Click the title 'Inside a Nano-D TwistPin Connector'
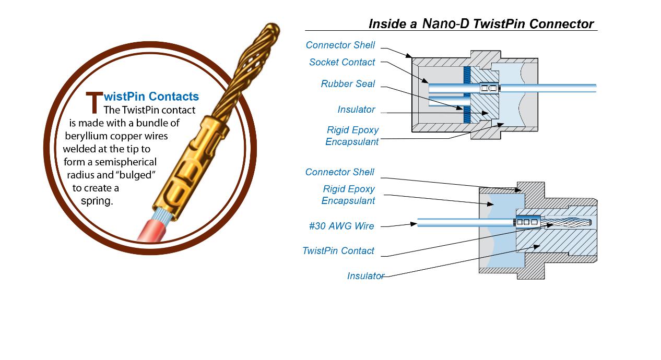tap(481, 23)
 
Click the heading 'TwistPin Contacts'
tap(151, 97)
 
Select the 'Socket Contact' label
tap(342, 62)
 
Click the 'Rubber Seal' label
tap(348, 84)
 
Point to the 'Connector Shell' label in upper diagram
tap(340, 45)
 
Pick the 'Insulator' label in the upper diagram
tap(356, 110)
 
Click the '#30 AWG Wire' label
tap(341, 226)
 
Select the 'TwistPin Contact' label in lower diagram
tap(338, 250)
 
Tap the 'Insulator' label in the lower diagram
tap(365, 276)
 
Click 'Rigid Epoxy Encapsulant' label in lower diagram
tap(348, 195)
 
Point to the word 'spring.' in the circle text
tap(97, 201)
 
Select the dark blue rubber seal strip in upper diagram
tap(468, 94)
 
